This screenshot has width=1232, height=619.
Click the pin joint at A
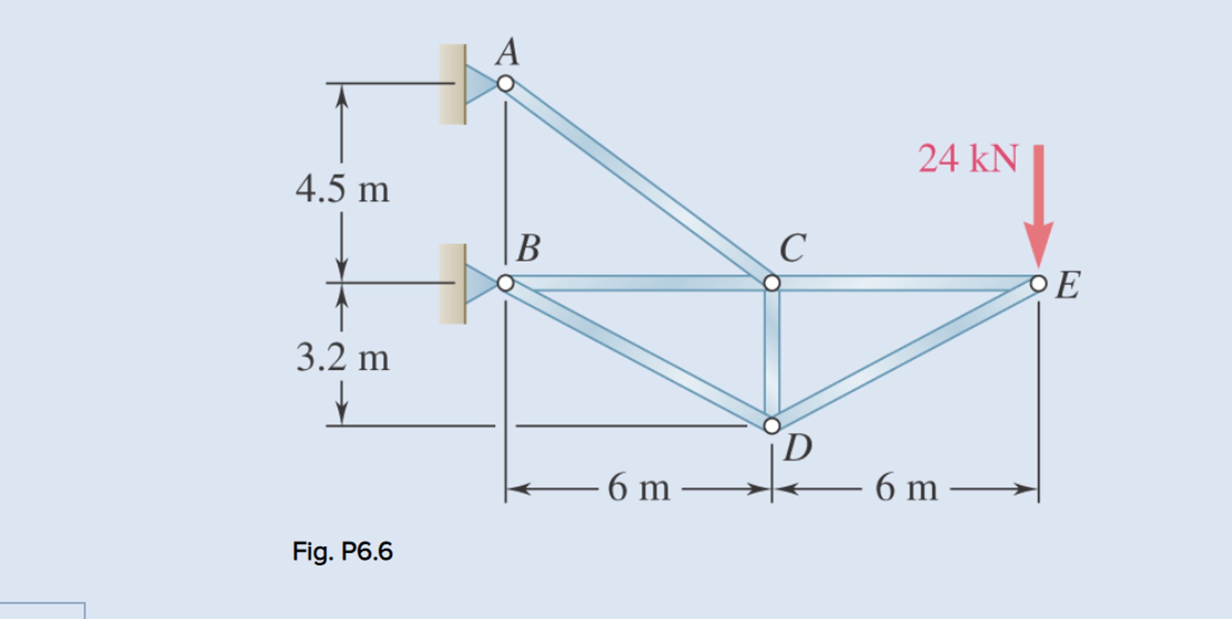click(x=505, y=84)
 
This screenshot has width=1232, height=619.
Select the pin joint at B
click(x=505, y=283)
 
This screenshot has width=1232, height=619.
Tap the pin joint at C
click(x=772, y=283)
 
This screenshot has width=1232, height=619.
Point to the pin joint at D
click(x=772, y=425)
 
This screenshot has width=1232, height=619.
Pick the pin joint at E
click(x=1038, y=283)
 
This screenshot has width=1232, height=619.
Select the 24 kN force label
click(x=968, y=159)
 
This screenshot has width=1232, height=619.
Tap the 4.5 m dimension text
click(x=342, y=189)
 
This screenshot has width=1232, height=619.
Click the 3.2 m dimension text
click(x=342, y=357)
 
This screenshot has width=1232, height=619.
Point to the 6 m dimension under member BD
click(x=638, y=488)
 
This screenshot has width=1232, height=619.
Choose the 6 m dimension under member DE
click(x=906, y=488)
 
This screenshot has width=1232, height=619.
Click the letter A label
click(x=508, y=52)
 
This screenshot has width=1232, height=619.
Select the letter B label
click(x=528, y=248)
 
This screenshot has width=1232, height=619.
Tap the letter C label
click(x=792, y=248)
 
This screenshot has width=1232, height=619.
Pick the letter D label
click(x=798, y=448)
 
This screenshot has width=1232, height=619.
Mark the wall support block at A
click(x=453, y=84)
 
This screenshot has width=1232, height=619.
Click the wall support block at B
click(x=453, y=283)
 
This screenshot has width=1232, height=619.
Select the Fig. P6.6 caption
click(x=342, y=551)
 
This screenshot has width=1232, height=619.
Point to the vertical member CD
click(x=772, y=355)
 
